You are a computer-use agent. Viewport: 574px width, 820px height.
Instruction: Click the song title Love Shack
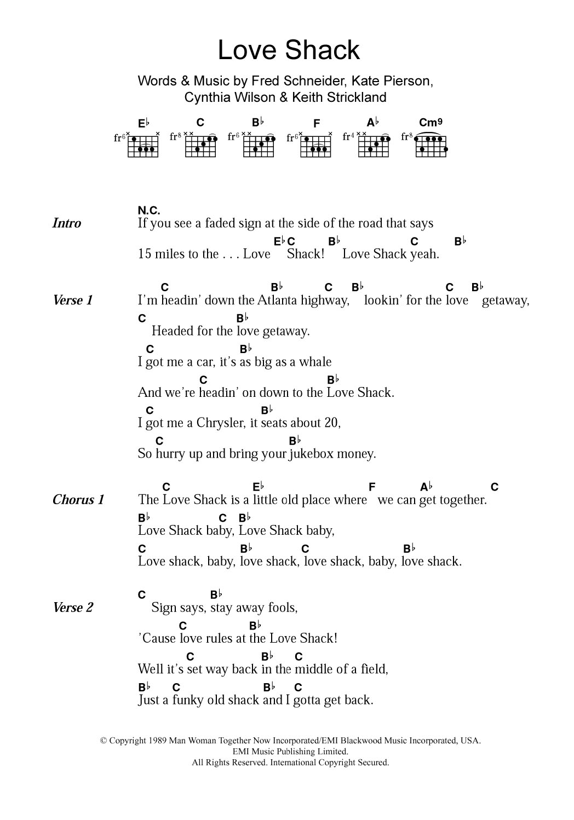click(289, 50)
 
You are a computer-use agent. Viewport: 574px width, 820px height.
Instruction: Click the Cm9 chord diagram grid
click(431, 145)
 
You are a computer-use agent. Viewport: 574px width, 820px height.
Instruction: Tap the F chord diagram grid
click(317, 145)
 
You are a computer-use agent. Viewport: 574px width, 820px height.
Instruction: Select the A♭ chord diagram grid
click(374, 145)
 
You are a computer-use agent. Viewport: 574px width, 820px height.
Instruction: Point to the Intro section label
click(67, 223)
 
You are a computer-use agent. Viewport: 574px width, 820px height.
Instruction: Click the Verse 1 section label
click(73, 301)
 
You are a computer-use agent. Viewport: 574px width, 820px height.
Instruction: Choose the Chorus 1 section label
click(78, 500)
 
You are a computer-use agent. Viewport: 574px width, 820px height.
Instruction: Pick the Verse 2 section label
click(73, 608)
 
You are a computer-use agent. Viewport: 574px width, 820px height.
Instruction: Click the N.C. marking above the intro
click(148, 210)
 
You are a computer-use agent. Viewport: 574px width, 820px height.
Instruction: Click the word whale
click(315, 362)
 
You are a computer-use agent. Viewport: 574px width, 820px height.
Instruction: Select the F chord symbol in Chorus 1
click(372, 487)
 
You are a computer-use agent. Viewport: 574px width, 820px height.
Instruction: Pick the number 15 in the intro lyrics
click(144, 254)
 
